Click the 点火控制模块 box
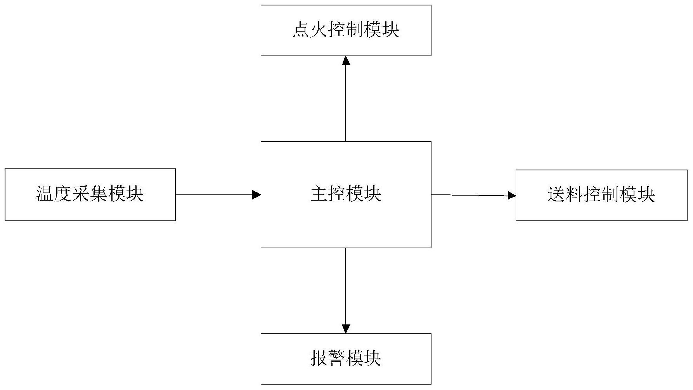(346, 30)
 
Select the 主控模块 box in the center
(346, 194)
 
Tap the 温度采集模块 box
(90, 194)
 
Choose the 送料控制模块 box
(601, 195)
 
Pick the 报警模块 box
(346, 359)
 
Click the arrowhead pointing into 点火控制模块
(346, 61)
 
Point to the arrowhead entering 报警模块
(346, 329)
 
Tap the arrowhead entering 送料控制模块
(512, 196)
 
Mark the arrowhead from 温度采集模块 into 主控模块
(256, 194)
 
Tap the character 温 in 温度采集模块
(45, 194)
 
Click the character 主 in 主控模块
(319, 194)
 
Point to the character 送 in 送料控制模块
(556, 195)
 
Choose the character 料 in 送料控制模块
(574, 195)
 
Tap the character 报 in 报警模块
(319, 358)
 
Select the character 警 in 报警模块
(337, 358)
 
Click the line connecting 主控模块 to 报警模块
(346, 287)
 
